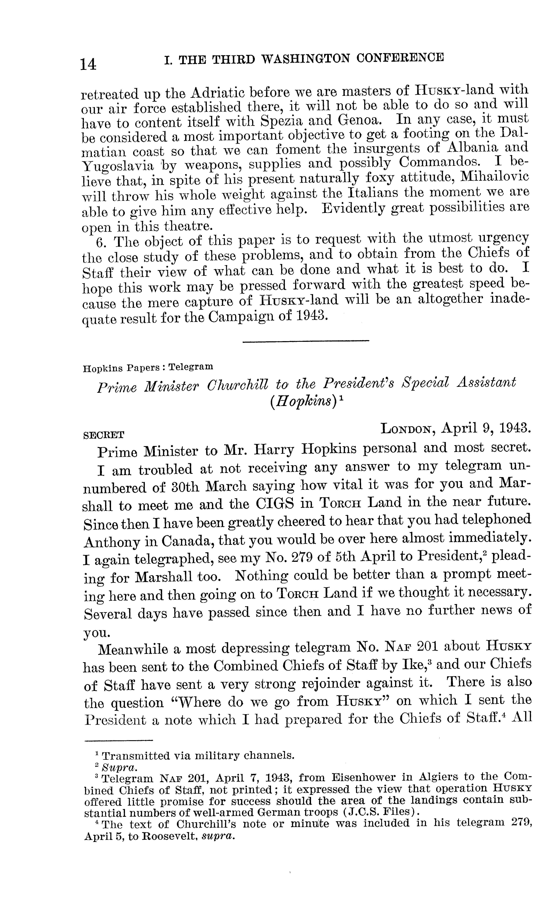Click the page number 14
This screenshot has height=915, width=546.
point(89,64)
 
